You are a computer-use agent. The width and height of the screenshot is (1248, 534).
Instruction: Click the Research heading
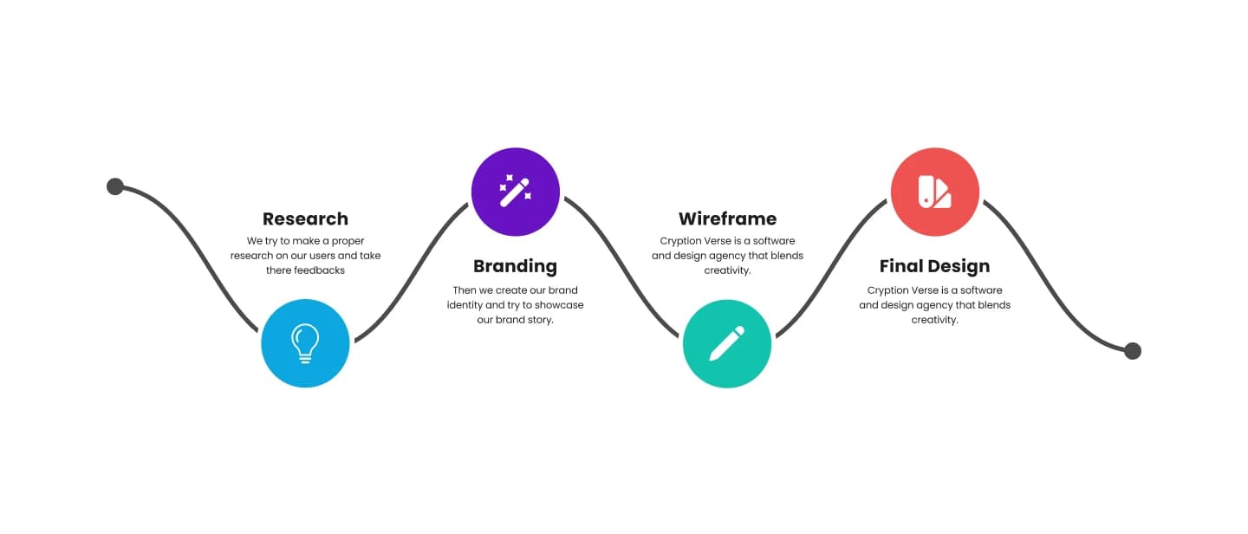(x=305, y=218)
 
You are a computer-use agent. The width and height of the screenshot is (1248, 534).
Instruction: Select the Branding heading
(x=515, y=266)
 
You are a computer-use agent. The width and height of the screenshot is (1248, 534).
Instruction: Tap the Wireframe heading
(x=727, y=218)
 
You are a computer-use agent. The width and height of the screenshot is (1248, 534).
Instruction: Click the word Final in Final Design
(x=902, y=266)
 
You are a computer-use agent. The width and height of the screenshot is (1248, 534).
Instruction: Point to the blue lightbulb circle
(x=305, y=343)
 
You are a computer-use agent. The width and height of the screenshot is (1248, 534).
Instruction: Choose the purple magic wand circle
(x=516, y=192)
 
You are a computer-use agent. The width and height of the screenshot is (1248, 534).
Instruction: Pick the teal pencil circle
(x=727, y=344)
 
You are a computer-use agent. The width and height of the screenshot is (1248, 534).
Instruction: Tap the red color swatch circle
(x=935, y=192)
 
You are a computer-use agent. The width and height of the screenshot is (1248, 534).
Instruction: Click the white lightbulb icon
(x=305, y=343)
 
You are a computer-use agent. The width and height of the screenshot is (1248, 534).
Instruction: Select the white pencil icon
(x=727, y=343)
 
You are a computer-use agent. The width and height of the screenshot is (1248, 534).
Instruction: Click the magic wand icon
(x=516, y=192)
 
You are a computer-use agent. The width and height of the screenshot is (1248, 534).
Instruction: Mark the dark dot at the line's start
(x=115, y=186)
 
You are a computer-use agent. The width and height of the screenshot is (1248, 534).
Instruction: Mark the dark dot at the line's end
(x=1133, y=351)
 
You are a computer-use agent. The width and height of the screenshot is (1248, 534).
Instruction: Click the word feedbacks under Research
(x=319, y=270)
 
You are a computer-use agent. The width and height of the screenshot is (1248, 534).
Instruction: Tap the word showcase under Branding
(x=559, y=305)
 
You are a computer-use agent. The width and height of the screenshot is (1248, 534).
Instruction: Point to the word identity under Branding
(x=465, y=305)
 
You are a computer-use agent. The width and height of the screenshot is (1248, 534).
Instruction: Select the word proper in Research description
(x=348, y=241)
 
